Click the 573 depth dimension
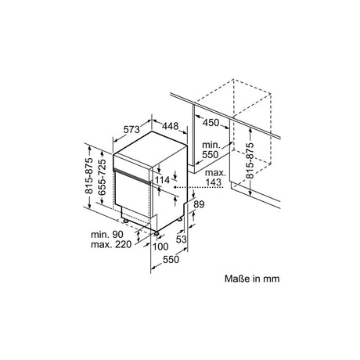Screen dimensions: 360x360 coord(131,129)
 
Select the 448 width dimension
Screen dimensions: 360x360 coord(171,126)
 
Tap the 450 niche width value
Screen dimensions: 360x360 coord(211,122)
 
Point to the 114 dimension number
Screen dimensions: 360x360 coord(162,180)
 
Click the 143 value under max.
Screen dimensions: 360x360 coord(213,182)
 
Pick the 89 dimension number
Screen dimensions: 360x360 coord(199,204)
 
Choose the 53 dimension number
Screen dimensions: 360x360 coord(181,239)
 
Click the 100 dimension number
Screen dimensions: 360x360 coord(160,247)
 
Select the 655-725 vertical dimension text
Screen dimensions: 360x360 coord(102,177)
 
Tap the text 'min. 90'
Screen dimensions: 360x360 coord(107,234)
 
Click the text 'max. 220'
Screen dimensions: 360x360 coord(111,245)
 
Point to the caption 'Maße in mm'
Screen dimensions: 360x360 coord(252,279)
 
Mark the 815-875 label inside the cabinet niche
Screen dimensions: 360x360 coord(250,160)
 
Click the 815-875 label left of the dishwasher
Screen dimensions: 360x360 coord(88,175)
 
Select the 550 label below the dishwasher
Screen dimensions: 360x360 coord(171,259)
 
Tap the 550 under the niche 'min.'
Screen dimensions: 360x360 coord(211,155)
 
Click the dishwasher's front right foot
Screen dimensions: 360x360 coord(157,233)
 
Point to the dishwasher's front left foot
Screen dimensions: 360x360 coord(126,221)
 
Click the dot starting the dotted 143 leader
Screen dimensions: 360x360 coord(175,187)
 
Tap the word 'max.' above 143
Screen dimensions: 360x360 coord(215,173)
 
